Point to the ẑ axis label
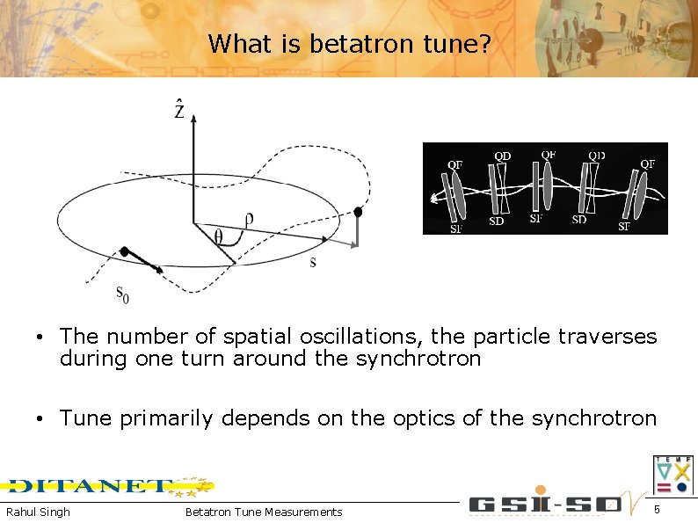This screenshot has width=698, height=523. [178, 110]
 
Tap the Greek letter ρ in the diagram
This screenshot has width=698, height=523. [251, 222]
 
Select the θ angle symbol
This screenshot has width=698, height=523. [219, 236]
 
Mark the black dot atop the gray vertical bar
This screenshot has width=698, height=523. [358, 212]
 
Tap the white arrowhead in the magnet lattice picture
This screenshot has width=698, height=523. [433, 200]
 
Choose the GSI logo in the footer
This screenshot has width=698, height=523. [545, 505]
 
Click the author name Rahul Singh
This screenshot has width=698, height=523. [38, 512]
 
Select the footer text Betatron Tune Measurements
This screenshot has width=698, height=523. [264, 512]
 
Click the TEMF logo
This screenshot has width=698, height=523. [673, 475]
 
